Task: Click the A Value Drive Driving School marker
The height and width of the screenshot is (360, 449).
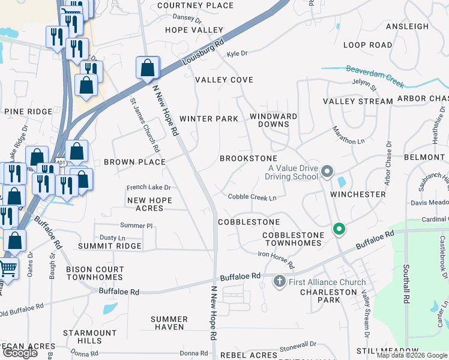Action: [x=327, y=172]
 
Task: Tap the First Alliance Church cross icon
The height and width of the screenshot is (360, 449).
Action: [x=279, y=281]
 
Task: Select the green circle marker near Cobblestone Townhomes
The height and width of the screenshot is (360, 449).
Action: [x=339, y=229]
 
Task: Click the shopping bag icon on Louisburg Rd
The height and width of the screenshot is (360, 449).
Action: [x=147, y=68]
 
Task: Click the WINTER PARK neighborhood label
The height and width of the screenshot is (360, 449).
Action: [x=209, y=119]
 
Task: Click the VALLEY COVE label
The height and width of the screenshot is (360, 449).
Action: [x=224, y=80]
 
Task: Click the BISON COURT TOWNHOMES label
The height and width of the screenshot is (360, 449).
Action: [x=95, y=274]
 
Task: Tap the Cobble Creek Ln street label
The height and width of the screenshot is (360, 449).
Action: [x=252, y=197]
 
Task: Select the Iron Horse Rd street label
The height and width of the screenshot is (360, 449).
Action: [x=277, y=260]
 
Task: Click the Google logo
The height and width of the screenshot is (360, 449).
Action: [x=19, y=353]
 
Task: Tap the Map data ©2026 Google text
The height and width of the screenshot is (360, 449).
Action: [x=412, y=355]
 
